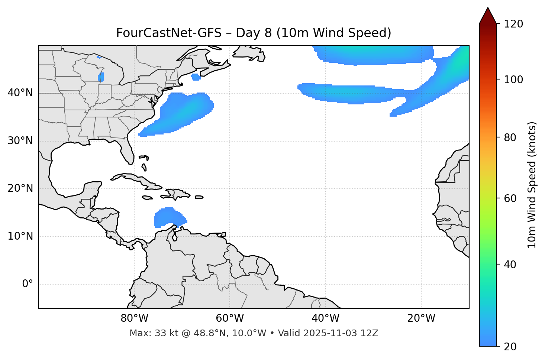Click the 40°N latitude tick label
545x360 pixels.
coord(20,93)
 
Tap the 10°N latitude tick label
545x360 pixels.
coord(20,236)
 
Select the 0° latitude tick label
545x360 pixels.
coord(28,284)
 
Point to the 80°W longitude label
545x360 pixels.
coord(134,318)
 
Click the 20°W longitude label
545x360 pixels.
coord(421,318)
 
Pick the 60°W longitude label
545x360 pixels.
coord(230,318)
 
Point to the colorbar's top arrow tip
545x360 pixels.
coord(488,7)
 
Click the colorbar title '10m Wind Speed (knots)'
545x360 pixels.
coord(532,185)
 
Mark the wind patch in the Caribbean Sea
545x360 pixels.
coord(169,217)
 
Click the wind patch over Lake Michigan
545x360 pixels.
coord(101,77)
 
